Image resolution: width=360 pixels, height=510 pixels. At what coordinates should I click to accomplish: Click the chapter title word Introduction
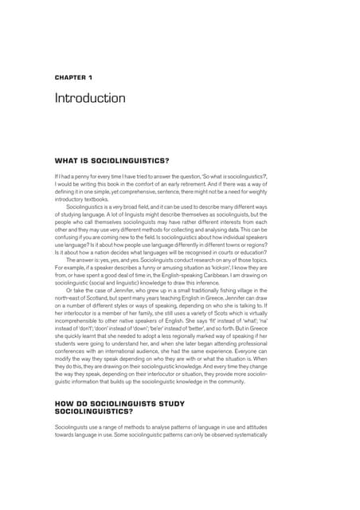tap(89, 98)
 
